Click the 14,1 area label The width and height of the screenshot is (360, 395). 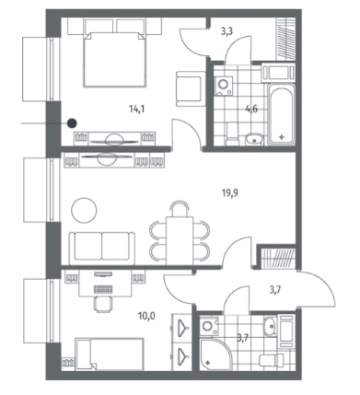coord(136,109)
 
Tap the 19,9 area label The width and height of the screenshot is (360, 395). coord(230,193)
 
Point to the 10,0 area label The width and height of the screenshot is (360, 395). coord(146,316)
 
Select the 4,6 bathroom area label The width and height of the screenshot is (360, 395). coord(251,109)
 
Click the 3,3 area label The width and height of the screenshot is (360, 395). coord(226,31)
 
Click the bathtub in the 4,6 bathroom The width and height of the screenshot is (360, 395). coord(281,113)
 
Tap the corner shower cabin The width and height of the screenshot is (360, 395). coord(215,354)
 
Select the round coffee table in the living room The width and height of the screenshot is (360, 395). coord(84,210)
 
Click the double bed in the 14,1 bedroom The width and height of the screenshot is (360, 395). coord(114,59)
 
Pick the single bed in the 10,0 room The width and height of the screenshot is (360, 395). coord(110,354)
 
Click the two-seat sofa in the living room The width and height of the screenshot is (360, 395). coord(102,249)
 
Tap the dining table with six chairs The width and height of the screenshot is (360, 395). coord(180,240)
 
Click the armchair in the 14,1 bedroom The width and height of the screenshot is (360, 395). coord(191,89)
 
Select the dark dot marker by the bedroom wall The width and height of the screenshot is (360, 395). coord(72,123)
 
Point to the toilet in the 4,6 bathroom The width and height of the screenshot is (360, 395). coord(232,134)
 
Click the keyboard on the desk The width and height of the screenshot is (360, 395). coord(103,289)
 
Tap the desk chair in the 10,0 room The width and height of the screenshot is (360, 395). coord(103,304)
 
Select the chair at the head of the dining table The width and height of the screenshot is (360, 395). coord(180,209)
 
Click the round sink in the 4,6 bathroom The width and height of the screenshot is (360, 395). coord(254,140)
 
